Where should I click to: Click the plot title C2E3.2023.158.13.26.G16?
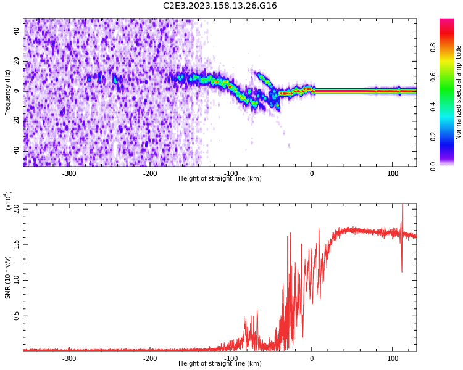[220, 6]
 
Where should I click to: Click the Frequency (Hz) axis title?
[8, 92]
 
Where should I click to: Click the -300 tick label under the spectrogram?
[69, 173]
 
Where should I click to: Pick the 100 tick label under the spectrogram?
[393, 173]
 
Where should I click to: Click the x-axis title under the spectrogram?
[220, 179]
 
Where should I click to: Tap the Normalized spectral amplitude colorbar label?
[459, 92]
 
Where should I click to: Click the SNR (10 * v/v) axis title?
[8, 277]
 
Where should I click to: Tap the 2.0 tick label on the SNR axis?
[17, 208]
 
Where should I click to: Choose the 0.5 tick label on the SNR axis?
[17, 316]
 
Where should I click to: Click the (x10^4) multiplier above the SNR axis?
[9, 200]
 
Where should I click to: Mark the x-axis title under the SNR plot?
[220, 364]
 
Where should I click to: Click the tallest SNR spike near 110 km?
[403, 206]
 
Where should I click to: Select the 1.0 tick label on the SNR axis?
[17, 280]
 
